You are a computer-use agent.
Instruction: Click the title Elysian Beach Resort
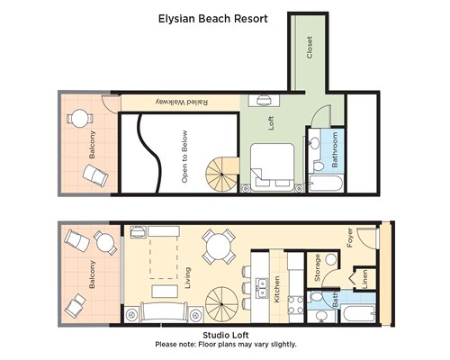(x=213, y=19)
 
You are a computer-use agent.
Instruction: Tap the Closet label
(x=310, y=48)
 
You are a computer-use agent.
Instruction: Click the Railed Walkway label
(x=182, y=102)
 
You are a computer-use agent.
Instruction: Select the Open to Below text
(x=184, y=157)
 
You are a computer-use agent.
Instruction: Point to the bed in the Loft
(x=272, y=167)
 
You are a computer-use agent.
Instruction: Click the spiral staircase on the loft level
(x=221, y=175)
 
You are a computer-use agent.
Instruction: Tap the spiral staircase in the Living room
(x=222, y=303)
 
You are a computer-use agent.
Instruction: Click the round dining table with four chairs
(x=219, y=247)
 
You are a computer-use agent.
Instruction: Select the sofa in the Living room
(x=164, y=312)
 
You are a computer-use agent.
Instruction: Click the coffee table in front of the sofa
(x=165, y=292)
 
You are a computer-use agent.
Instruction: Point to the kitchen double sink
(x=262, y=287)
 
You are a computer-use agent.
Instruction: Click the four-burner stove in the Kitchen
(x=296, y=305)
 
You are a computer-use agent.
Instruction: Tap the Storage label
(x=317, y=268)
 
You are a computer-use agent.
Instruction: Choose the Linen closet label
(x=365, y=280)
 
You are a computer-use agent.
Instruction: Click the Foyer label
(x=350, y=238)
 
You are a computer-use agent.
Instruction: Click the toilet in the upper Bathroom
(x=318, y=166)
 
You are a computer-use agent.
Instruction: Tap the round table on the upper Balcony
(x=79, y=119)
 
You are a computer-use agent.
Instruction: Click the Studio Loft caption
(x=226, y=335)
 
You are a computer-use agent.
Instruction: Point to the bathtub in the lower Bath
(x=359, y=313)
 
